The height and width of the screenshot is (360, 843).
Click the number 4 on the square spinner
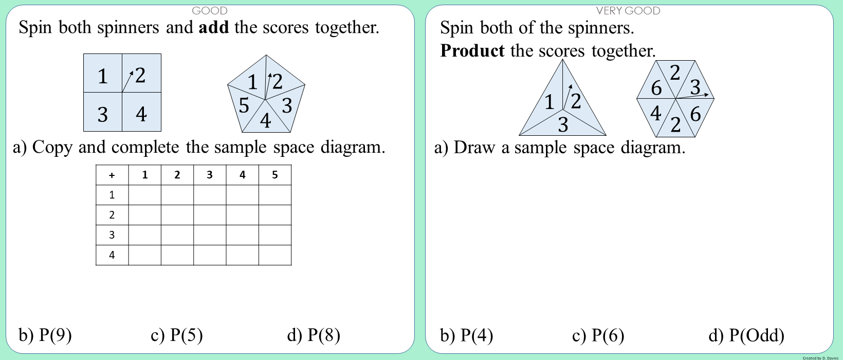(141, 113)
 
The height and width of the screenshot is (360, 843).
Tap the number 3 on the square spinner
(103, 113)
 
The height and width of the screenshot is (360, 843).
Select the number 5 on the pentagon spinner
(244, 105)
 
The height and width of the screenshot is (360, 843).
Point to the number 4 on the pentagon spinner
(265, 120)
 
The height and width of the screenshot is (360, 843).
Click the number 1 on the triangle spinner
(549, 102)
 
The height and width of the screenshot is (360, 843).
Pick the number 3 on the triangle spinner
(563, 124)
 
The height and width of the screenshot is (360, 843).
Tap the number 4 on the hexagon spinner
(655, 113)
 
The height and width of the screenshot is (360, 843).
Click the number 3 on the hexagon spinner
(695, 87)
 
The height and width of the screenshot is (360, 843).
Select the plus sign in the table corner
(112, 175)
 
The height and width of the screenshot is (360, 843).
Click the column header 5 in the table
(275, 175)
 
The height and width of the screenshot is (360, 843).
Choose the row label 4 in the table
(112, 255)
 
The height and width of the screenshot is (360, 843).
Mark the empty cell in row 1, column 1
(145, 195)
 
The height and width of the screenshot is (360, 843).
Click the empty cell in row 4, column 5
(275, 255)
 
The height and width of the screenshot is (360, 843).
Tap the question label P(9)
(55, 335)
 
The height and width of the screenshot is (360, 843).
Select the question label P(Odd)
(756, 335)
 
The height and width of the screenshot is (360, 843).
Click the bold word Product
(472, 51)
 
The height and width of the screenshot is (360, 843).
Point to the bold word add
(214, 27)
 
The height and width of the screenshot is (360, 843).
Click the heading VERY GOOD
(628, 11)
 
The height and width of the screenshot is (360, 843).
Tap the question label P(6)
(608, 335)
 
